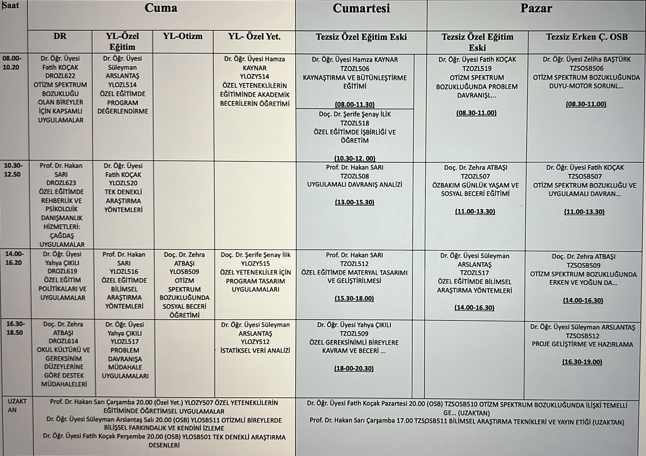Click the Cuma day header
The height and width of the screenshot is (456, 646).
pos(161,8)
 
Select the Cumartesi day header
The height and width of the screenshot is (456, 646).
pos(361,8)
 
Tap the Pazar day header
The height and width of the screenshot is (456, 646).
pos(536,8)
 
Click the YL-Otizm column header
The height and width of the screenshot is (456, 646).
pos(183,37)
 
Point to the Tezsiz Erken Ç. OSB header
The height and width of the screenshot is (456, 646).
pos(586,37)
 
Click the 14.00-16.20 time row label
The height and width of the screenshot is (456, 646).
pos(14,258)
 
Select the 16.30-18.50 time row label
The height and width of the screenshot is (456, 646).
pos(14,328)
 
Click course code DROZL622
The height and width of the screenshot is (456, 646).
pos(60,76)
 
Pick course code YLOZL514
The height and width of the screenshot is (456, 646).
pos(122,85)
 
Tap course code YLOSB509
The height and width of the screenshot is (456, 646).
pos(184,272)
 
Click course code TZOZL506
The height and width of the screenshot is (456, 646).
pos(354,69)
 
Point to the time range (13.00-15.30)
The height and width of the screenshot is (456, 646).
pos(354,202)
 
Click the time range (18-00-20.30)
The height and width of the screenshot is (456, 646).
pos(354,368)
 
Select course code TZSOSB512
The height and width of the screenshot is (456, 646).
pos(582,336)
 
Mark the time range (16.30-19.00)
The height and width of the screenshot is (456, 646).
pos(582,362)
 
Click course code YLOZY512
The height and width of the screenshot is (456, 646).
pos(255,342)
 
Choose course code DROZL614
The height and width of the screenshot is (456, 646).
pos(63,341)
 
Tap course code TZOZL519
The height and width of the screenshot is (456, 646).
pos(476,68)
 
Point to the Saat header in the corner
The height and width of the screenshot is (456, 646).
pos(11,6)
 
